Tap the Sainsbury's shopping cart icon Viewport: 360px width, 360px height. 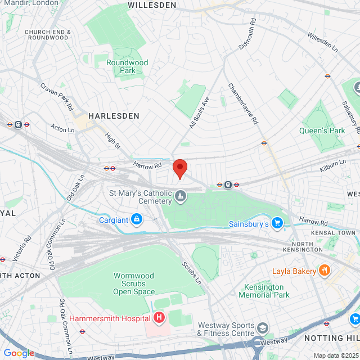pyautogui.click(x=277, y=224)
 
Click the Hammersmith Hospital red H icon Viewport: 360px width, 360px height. pyautogui.click(x=159, y=318)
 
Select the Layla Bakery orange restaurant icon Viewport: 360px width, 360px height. pyautogui.click(x=323, y=271)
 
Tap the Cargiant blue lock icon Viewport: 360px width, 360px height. pyautogui.click(x=136, y=219)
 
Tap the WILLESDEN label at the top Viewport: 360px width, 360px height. pyautogui.click(x=152, y=4)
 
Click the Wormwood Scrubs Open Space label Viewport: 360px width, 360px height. pyautogui.click(x=134, y=283)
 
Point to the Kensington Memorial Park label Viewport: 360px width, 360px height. pyautogui.click(x=264, y=291)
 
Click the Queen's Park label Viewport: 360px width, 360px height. pyautogui.click(x=322, y=130)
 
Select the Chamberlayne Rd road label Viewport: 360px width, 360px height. pyautogui.click(x=242, y=103)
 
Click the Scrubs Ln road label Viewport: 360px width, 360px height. pyautogui.click(x=191, y=272)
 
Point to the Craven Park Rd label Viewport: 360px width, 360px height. pyautogui.click(x=57, y=96)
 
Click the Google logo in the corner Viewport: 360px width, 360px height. pyautogui.click(x=19, y=353)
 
